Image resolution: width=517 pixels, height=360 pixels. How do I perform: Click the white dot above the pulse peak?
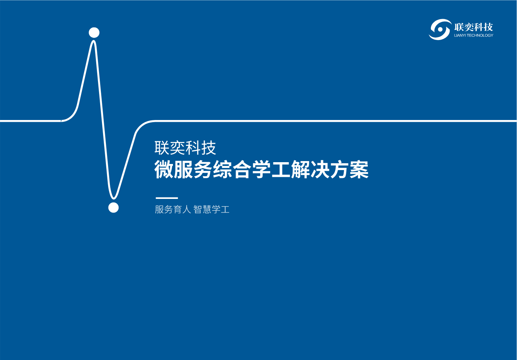94,32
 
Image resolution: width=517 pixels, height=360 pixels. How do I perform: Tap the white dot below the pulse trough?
113,208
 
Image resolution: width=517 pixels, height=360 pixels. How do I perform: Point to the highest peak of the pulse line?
94,41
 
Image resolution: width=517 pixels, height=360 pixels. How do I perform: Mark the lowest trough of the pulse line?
113,198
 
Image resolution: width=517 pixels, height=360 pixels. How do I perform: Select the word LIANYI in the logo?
460,35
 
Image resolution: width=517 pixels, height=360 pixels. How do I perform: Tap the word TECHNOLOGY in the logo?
480,35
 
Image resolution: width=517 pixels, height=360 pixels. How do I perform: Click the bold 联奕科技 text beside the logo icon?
474,27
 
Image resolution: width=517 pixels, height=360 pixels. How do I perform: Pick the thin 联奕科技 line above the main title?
185,148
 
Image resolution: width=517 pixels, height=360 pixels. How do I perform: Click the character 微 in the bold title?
164,170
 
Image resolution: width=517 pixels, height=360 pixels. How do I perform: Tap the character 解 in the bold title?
300,170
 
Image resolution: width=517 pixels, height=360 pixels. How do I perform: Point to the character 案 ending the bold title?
359,170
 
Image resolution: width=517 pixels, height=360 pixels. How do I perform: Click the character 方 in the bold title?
339,170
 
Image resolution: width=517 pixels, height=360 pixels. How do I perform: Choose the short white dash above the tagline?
167,198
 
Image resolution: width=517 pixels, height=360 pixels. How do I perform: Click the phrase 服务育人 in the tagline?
173,209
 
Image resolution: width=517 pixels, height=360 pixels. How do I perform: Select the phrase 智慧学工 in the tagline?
211,209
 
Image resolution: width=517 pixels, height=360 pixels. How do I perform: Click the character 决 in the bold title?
320,170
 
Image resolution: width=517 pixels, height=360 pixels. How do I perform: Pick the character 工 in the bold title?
281,170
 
